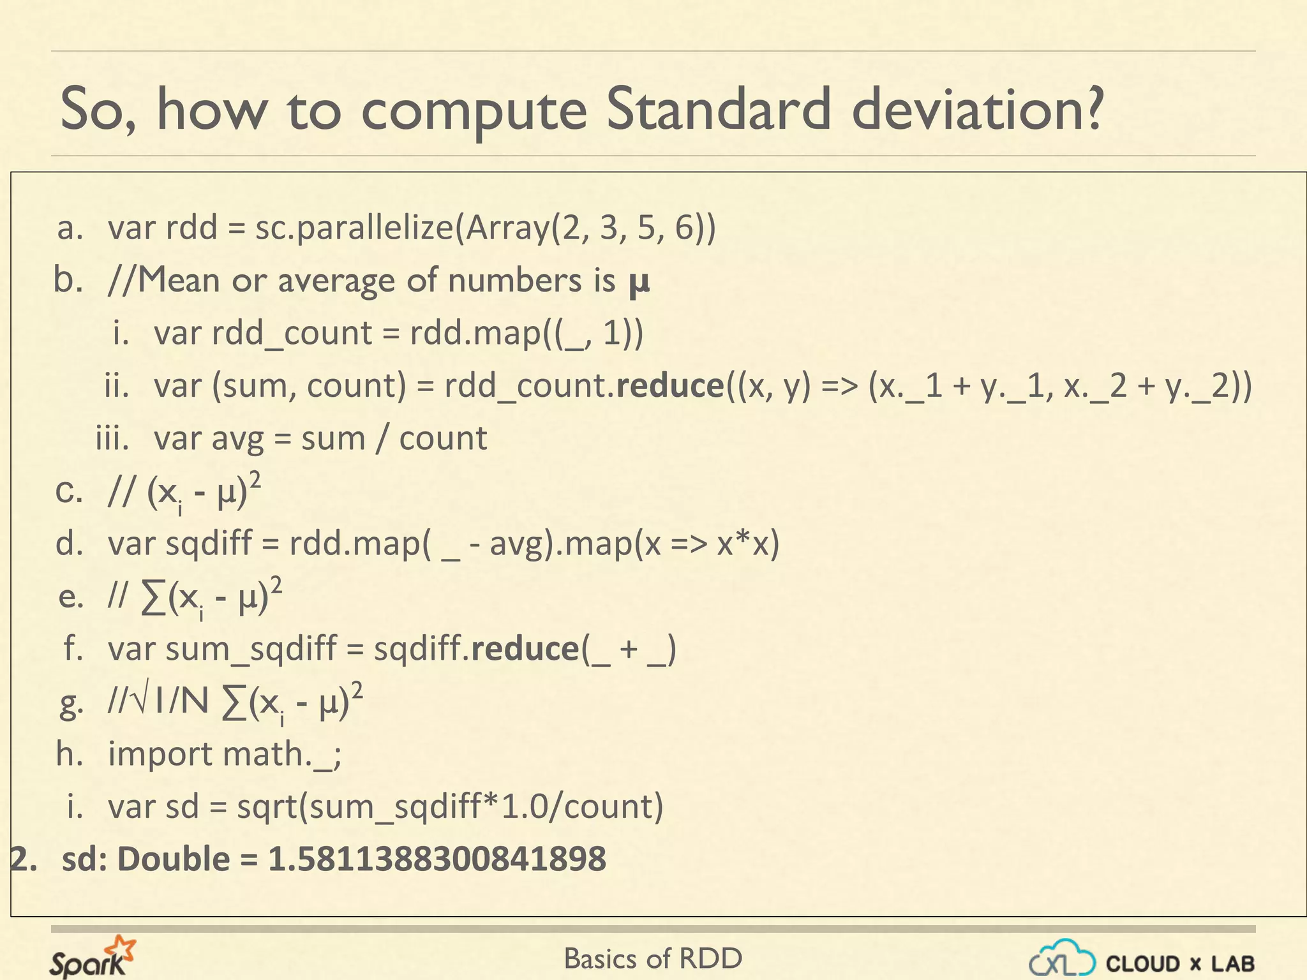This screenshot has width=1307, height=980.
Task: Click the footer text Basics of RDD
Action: click(x=653, y=959)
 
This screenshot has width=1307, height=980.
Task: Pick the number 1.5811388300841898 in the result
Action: click(x=437, y=859)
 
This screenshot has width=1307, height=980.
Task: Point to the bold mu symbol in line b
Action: click(x=639, y=282)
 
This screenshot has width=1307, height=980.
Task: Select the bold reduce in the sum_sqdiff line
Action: click(x=525, y=649)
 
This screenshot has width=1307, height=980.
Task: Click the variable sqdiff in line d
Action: click(x=209, y=544)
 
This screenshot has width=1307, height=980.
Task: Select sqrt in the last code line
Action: click(x=267, y=806)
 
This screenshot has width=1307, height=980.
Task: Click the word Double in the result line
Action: click(x=174, y=859)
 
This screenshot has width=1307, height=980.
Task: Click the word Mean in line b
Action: click(x=179, y=281)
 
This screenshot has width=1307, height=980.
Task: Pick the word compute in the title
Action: click(x=474, y=110)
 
